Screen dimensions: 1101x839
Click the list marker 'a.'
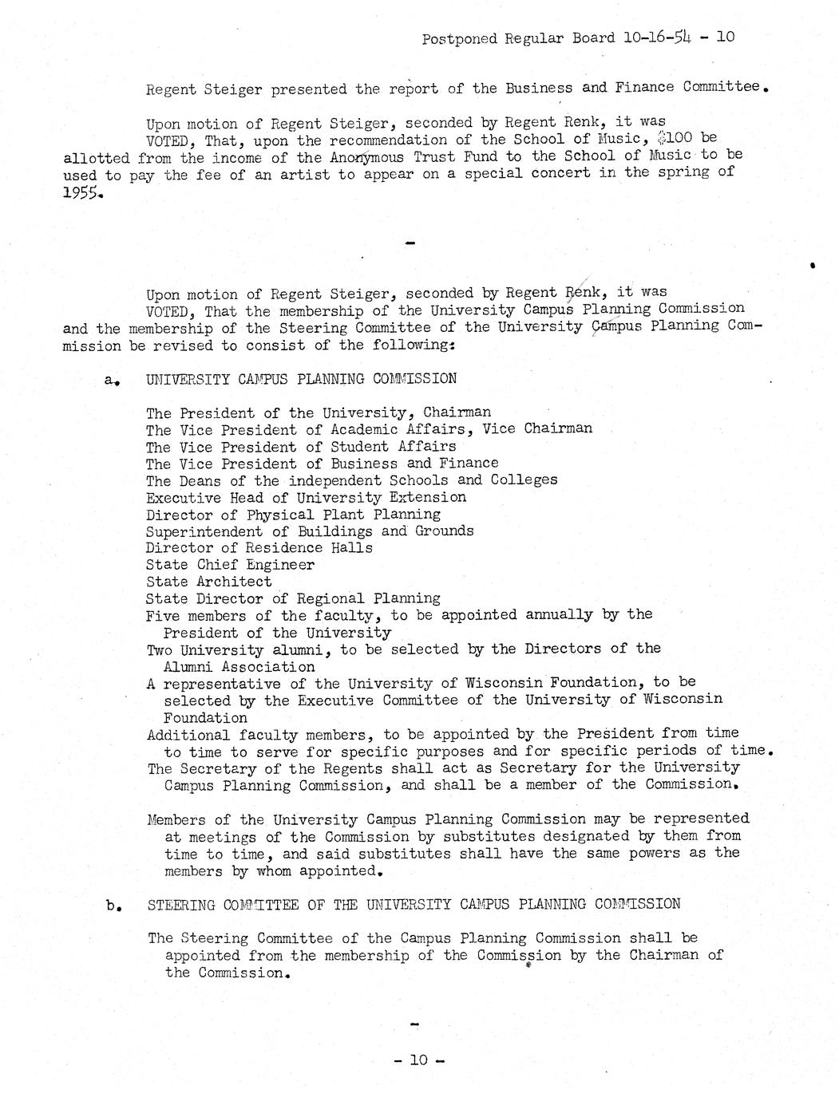click(111, 381)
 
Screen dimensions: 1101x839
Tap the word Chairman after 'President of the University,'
click(457, 412)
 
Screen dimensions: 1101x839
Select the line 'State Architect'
click(208, 582)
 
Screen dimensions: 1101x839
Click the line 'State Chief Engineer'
click(230, 565)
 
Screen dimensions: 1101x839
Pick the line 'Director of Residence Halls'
click(259, 548)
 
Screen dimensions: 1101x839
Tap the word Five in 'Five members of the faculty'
click(163, 615)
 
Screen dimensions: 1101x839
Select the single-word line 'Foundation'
click(205, 717)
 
